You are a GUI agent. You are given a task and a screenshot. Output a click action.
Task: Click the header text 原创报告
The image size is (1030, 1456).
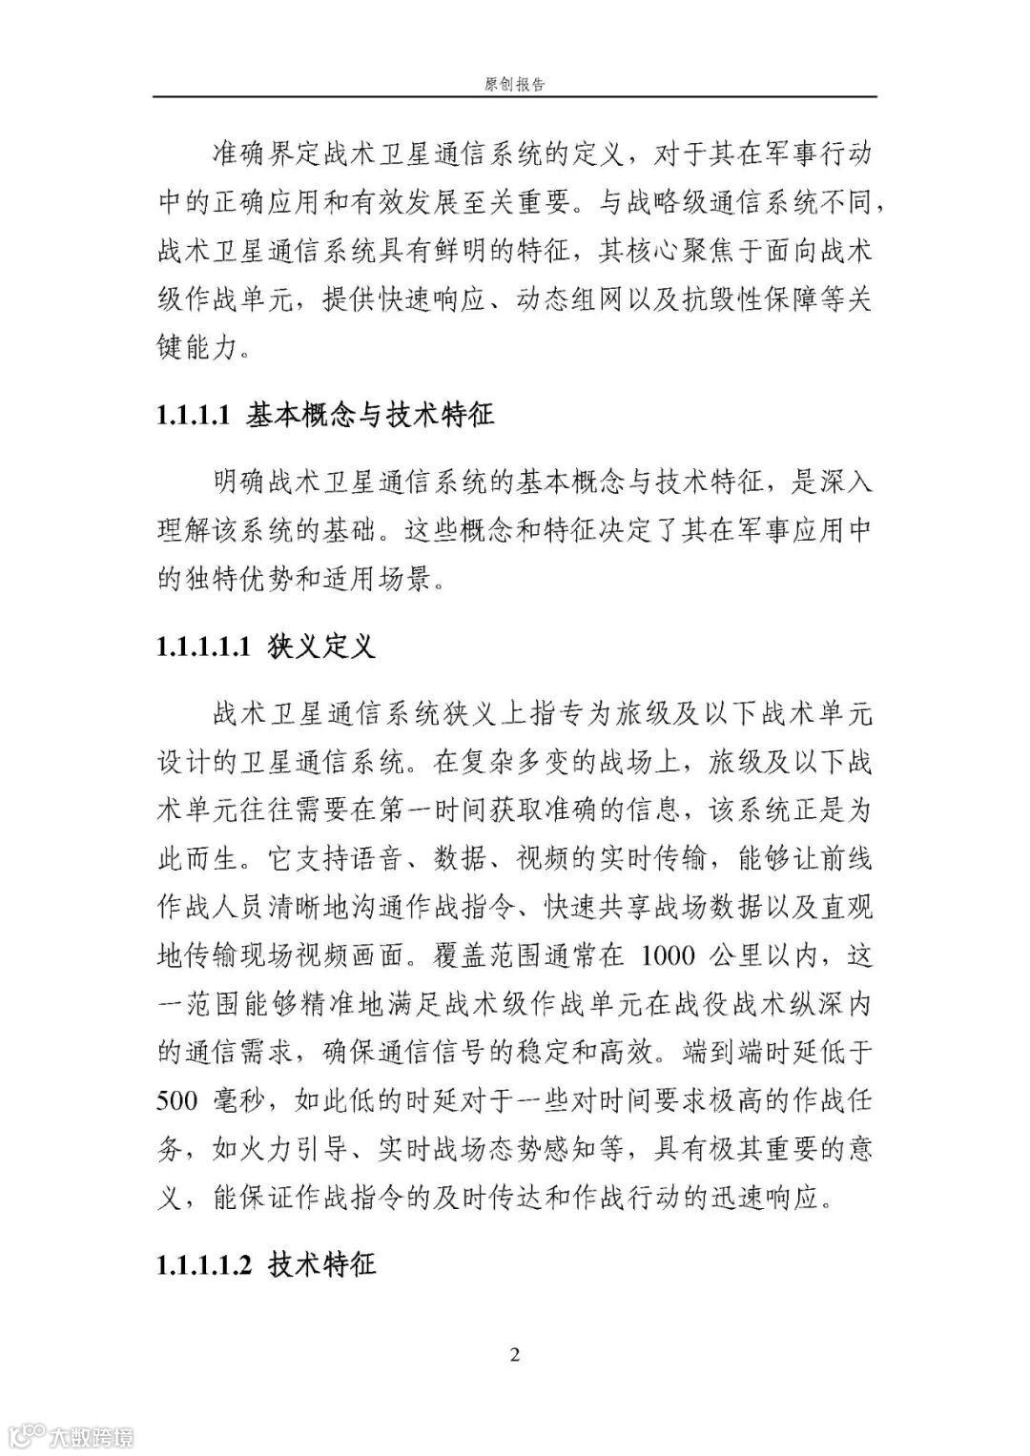point(514,84)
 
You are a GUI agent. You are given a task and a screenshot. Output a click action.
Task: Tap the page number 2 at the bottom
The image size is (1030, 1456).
point(515,1355)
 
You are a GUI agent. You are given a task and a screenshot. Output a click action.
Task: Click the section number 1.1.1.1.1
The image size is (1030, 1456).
point(203,648)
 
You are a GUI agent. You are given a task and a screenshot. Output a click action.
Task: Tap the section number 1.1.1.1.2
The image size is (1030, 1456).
point(203,1265)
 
